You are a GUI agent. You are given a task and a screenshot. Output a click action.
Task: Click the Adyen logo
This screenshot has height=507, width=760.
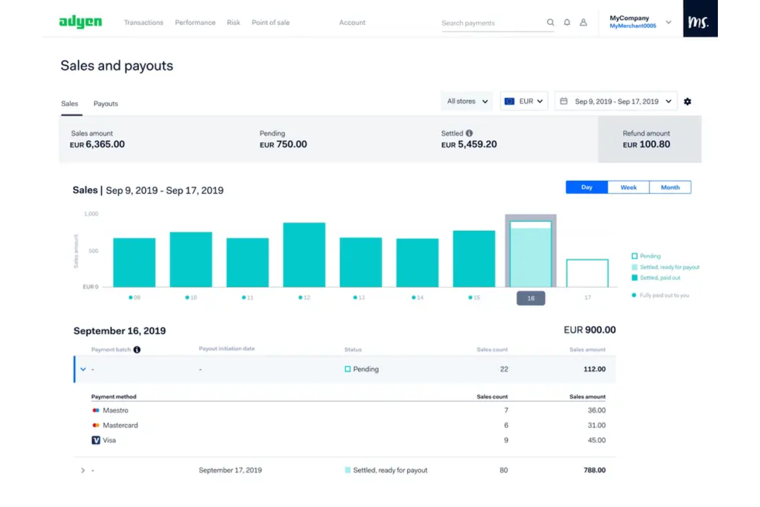(81, 22)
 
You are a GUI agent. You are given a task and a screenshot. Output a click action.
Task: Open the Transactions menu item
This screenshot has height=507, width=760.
(143, 23)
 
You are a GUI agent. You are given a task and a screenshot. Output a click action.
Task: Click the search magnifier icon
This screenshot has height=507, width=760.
(550, 23)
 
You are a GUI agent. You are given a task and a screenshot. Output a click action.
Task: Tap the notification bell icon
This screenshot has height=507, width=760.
(567, 23)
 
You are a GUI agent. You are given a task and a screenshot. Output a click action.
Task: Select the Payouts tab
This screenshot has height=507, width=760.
(105, 104)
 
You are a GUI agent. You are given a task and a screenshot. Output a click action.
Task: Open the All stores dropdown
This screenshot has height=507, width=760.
(467, 101)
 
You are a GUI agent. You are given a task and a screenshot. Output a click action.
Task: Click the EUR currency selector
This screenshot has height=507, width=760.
(524, 101)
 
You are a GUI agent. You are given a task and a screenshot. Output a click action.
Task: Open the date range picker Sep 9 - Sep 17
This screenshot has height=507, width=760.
(616, 101)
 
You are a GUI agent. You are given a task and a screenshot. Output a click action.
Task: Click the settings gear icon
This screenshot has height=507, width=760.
(687, 102)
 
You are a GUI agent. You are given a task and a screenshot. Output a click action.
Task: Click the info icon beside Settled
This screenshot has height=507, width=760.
(469, 133)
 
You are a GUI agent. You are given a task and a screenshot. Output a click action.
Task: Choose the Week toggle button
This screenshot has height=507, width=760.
(628, 187)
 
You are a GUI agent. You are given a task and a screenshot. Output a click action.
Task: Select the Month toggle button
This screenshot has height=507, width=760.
(670, 187)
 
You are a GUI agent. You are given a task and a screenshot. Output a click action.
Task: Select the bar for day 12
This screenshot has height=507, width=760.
(304, 255)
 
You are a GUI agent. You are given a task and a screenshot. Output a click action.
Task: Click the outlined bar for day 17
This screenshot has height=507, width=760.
(587, 273)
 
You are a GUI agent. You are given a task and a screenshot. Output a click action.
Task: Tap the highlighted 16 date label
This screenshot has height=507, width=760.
(530, 298)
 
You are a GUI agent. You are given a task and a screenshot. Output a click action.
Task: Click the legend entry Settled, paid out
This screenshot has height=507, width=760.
(659, 278)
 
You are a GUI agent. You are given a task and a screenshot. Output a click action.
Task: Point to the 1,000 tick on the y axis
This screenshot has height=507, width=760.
(91, 214)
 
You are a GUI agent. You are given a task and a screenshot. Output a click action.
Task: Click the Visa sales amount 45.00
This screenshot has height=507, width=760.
(596, 440)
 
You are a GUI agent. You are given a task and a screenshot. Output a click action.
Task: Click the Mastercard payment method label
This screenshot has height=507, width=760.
(120, 425)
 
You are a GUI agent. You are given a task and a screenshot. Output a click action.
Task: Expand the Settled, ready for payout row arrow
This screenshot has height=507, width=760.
(83, 470)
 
